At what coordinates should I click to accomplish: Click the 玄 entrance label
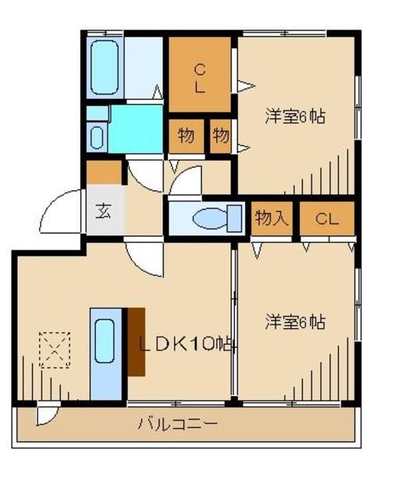[103, 211]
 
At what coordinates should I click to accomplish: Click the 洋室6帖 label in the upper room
[294, 117]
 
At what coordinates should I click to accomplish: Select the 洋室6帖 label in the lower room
[294, 321]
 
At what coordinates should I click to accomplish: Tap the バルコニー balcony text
[178, 425]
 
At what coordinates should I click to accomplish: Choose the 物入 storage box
[271, 218]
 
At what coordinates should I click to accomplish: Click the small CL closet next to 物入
[326, 218]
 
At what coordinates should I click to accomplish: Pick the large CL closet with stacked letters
[200, 76]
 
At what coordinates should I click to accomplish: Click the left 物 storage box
[185, 136]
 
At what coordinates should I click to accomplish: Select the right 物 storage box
[221, 136]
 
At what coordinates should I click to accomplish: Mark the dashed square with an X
[54, 349]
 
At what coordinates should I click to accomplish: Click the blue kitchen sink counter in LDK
[105, 352]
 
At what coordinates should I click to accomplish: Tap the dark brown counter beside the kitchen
[136, 342]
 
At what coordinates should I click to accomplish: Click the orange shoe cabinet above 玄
[104, 171]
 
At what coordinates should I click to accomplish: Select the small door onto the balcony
[47, 416]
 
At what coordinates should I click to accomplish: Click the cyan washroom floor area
[134, 129]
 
